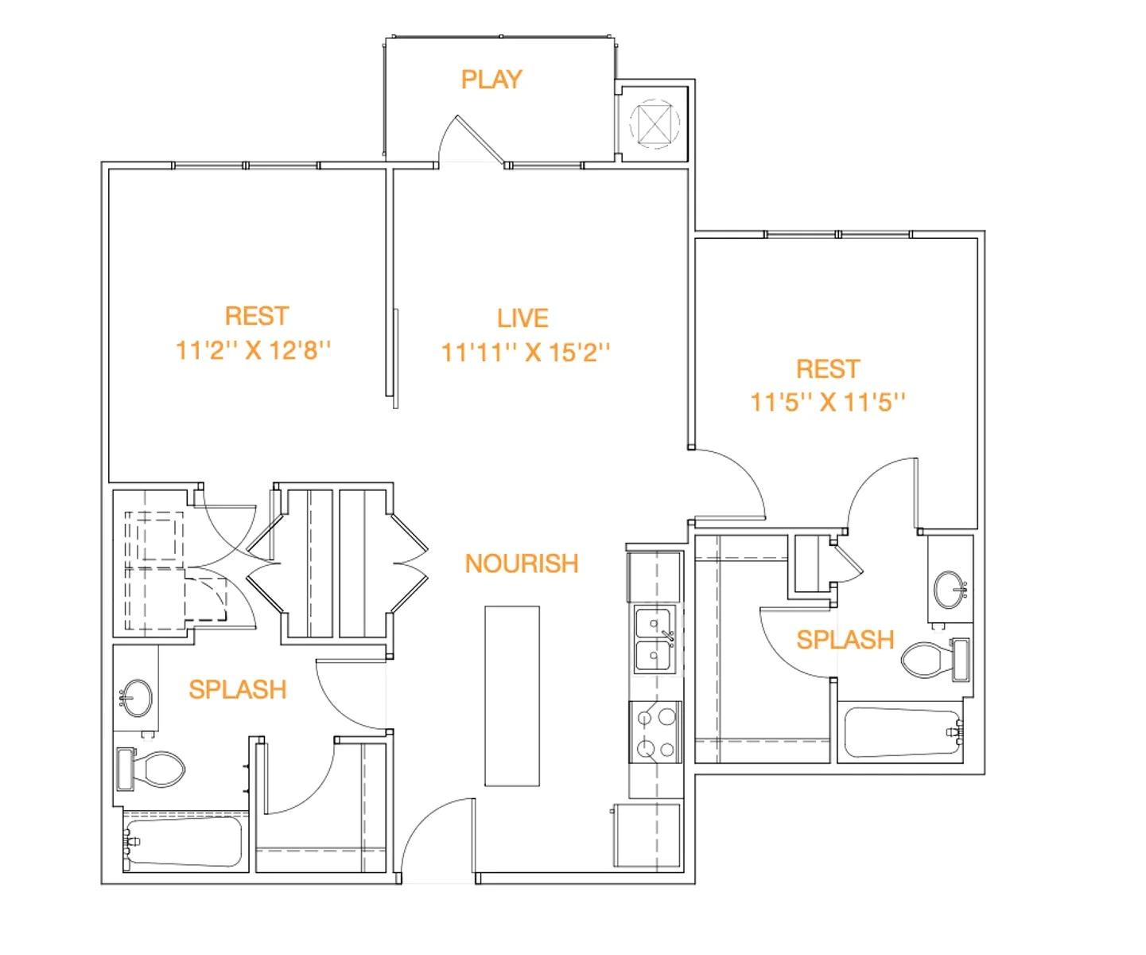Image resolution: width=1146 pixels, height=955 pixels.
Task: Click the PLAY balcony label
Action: pos(491,80)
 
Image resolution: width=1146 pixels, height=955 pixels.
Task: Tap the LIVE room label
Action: pos(522,318)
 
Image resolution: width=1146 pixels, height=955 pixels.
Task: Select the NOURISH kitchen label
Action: pos(522,563)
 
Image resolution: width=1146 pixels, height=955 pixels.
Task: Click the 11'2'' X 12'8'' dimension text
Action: pos(253,350)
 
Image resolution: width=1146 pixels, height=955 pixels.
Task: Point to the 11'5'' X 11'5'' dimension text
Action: pos(828,402)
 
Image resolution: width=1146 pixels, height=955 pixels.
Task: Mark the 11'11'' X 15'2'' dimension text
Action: pos(526,352)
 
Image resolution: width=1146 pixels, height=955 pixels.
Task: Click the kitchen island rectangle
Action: pos(512,696)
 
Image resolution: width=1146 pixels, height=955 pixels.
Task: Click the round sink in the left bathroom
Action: pos(137,697)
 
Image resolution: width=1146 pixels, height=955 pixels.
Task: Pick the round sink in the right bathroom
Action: pos(950,589)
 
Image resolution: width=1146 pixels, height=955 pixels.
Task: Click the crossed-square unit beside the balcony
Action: pos(655,123)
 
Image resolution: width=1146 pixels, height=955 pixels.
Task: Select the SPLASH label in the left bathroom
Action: pos(237,689)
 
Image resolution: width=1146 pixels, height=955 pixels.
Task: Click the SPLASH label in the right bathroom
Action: pos(845,640)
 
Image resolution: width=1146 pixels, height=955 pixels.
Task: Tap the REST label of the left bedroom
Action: pos(256,316)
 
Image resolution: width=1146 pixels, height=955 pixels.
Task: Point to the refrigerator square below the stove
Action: pos(648,836)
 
